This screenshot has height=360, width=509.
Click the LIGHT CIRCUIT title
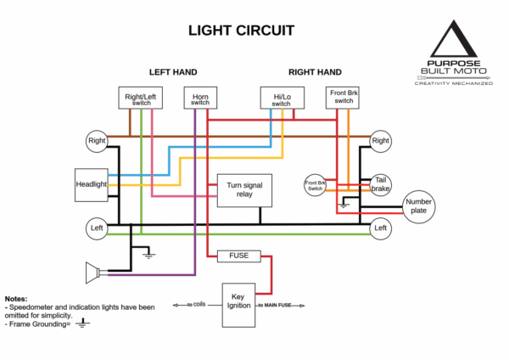pyautogui.click(x=241, y=31)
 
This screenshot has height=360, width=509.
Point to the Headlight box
pyautogui.click(x=91, y=184)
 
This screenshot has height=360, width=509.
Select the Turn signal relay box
pyautogui.click(x=244, y=192)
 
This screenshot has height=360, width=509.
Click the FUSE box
pyautogui.click(x=238, y=256)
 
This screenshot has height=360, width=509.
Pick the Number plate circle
pyautogui.click(x=419, y=205)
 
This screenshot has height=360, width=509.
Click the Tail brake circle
pyautogui.click(x=380, y=184)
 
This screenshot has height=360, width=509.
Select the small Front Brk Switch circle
pyautogui.click(x=315, y=184)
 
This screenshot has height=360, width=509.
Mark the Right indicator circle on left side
pyautogui.click(x=96, y=141)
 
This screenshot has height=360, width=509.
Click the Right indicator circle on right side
pyautogui.click(x=380, y=141)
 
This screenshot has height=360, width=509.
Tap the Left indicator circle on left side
pyautogui.click(x=96, y=228)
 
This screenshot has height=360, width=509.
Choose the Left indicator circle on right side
pyautogui.click(x=380, y=228)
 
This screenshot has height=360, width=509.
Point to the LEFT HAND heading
pyautogui.click(x=173, y=72)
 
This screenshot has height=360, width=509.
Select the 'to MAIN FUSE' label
pyautogui.click(x=276, y=304)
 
